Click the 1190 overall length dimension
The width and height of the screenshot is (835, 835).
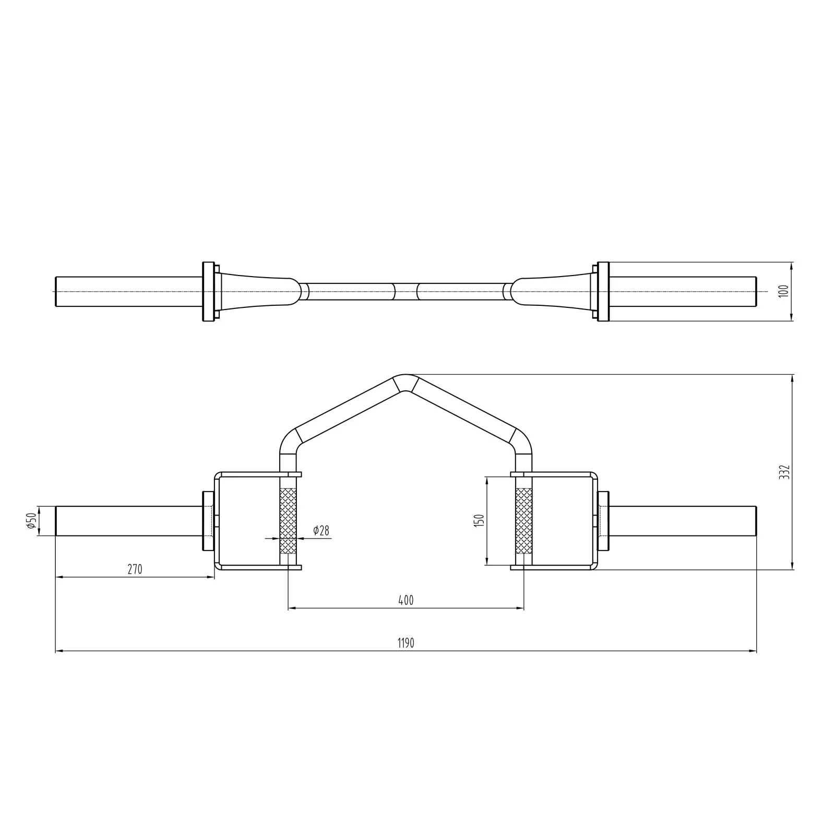405,643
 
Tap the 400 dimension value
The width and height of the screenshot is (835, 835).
405,600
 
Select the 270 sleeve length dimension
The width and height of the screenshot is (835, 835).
135,569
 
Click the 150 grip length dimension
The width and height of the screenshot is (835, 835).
480,520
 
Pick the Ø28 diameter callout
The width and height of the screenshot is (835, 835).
321,531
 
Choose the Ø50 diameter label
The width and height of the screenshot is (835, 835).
32,521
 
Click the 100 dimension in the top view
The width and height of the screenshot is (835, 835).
783,291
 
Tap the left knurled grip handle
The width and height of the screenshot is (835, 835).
288,521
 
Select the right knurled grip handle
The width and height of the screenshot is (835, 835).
523,521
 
